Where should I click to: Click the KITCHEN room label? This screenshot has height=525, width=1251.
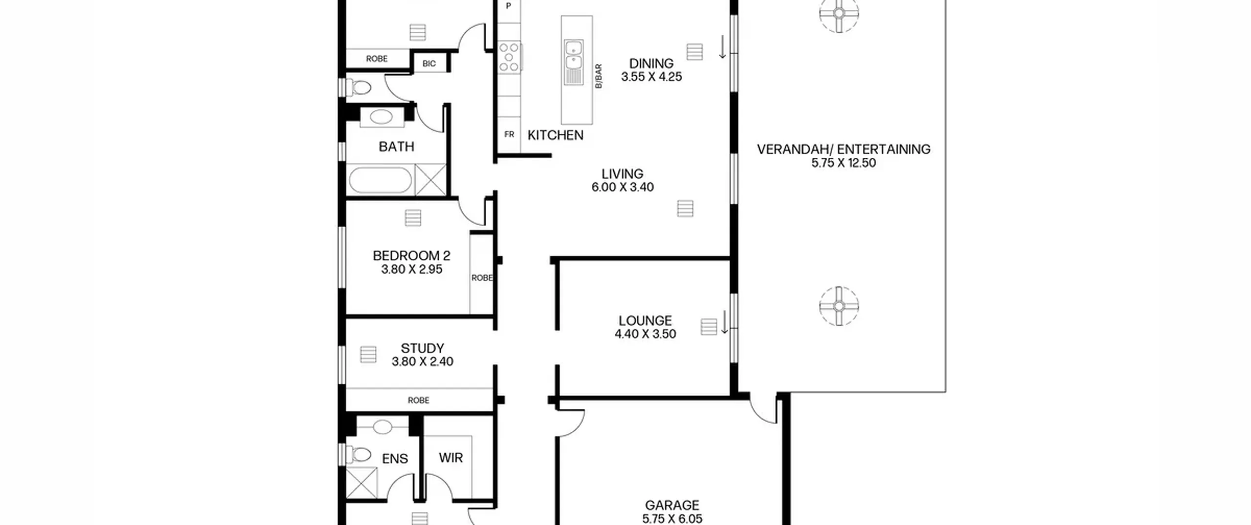pos(555,135)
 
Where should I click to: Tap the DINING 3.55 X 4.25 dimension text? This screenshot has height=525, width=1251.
pos(651,77)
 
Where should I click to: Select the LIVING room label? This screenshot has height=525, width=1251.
pos(622,174)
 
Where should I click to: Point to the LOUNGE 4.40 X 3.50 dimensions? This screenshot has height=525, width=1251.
pos(645,334)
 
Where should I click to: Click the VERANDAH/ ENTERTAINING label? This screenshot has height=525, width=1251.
pos(843,149)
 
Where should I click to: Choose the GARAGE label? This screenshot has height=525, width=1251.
pos(672,505)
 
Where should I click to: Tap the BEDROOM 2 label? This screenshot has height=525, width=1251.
pos(411,255)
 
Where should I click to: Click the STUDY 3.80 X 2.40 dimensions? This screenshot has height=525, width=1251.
pos(422,361)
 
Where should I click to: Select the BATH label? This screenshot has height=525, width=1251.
pos(396,147)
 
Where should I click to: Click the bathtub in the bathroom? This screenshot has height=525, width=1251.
pos(381,181)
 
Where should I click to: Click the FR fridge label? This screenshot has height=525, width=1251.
pos(509,134)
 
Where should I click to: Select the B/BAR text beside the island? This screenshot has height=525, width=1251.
pos(599,76)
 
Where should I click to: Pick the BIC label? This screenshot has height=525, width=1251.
pos(429,63)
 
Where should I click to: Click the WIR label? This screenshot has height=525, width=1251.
pos(451,458)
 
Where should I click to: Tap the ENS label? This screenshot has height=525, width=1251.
pos(395,459)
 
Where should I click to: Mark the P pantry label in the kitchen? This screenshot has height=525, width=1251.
pos(508,6)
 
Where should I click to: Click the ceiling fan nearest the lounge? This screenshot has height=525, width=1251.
pos(839,306)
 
